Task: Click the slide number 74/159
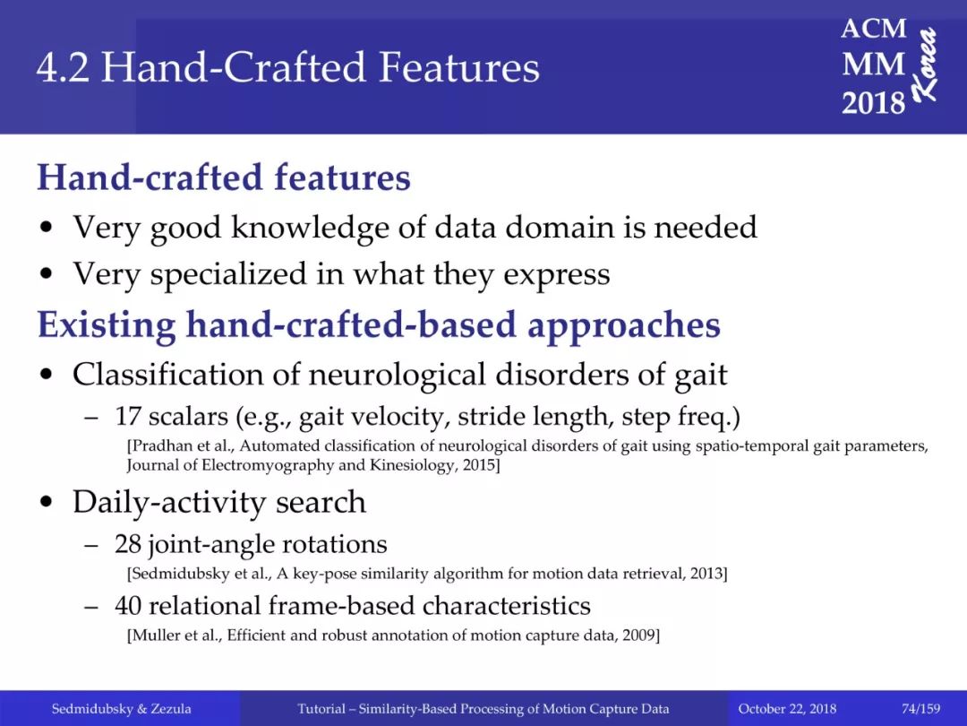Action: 920,708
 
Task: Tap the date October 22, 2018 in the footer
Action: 787,709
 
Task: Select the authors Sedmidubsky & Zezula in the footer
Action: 122,709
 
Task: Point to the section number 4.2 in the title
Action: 63,67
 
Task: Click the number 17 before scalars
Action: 128,417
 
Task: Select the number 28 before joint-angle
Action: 128,545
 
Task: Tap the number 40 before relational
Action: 128,606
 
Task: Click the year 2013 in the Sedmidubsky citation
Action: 708,574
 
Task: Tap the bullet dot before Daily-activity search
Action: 47,503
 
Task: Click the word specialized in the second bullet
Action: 228,275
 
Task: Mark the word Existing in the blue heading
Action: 107,325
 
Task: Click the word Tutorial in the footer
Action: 321,709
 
